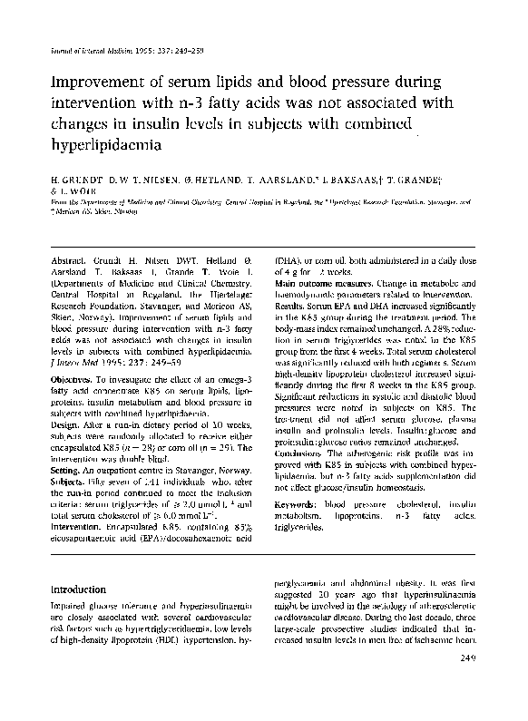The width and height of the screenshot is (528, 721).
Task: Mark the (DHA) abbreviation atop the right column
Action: pos(287,259)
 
